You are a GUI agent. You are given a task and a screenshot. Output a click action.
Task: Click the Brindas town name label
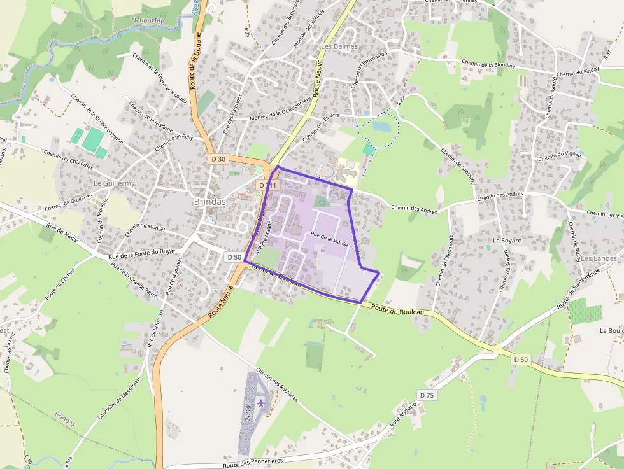pyautogui.click(x=209, y=201)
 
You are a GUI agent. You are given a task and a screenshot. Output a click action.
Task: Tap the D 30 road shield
pyautogui.click(x=218, y=158)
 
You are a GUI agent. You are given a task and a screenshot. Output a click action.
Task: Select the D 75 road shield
pyautogui.click(x=427, y=395)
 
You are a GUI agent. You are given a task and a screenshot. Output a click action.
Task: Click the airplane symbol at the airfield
pyautogui.click(x=261, y=403)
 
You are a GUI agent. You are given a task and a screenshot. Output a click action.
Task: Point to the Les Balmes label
pyautogui.click(x=340, y=46)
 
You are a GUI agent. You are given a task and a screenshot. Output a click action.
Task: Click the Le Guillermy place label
pyautogui.click(x=115, y=183)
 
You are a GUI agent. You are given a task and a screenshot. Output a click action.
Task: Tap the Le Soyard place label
pyautogui.click(x=507, y=241)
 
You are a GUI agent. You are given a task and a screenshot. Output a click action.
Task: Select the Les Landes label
pyautogui.click(x=599, y=259)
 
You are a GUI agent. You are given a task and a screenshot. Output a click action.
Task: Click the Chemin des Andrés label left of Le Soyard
pyautogui.click(x=414, y=208)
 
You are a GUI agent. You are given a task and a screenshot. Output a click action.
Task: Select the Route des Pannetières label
pyautogui.click(x=253, y=463)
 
